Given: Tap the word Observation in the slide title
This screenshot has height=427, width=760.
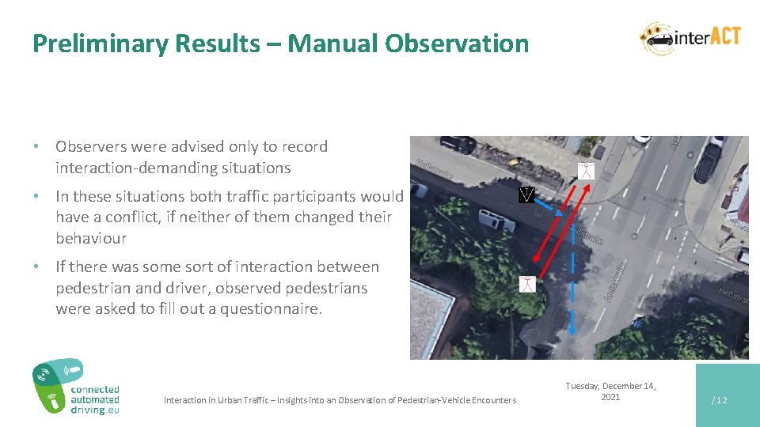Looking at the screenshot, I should [x=457, y=43].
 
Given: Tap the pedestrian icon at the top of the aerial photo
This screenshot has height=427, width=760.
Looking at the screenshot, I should [x=585, y=169].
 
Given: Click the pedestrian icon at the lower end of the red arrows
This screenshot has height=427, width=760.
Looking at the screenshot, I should [x=528, y=284].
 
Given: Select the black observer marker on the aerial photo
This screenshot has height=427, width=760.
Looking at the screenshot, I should [x=526, y=194].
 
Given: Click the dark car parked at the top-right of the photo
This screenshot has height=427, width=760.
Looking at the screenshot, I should [x=707, y=161].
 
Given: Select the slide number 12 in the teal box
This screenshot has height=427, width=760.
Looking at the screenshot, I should [x=720, y=400].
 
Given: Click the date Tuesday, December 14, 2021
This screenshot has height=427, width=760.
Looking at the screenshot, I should [x=610, y=391].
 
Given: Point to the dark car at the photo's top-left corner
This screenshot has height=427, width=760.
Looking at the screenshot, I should [x=457, y=145].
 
